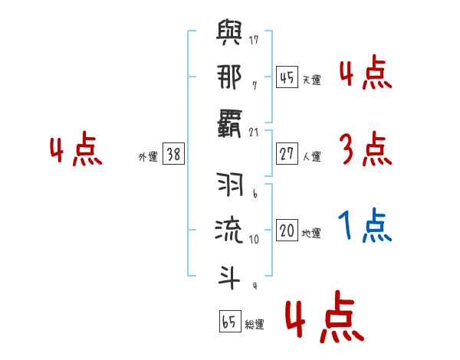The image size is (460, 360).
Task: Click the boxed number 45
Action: (287, 77)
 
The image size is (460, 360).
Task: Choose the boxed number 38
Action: (173, 155)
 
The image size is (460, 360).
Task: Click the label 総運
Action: (255, 324)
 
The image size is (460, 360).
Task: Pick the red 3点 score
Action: (365, 149)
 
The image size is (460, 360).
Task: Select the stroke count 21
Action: (254, 133)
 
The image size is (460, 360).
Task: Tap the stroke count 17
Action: (254, 39)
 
